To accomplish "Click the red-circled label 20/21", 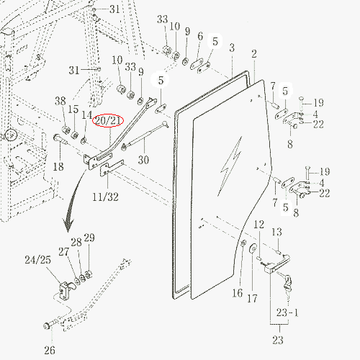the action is (x=108, y=120).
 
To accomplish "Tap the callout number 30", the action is (x=143, y=160).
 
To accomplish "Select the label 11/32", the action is (x=105, y=197).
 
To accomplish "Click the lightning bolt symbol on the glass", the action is (x=231, y=166).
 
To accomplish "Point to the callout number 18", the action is (x=58, y=166).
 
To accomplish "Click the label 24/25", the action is (x=38, y=260).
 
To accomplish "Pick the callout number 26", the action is (x=50, y=350).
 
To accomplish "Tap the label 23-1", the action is (x=287, y=312).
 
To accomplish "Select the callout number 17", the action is (x=252, y=299).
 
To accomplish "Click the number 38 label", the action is (x=60, y=101).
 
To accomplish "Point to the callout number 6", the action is (x=200, y=36).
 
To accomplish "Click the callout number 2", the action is (x=254, y=54).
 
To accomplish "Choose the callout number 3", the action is (x=232, y=48).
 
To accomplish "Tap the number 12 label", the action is (x=258, y=225).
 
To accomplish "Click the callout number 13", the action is (x=276, y=232).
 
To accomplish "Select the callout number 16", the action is (x=238, y=293).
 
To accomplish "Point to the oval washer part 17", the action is (x=252, y=248).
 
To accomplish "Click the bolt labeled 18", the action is (x=60, y=139).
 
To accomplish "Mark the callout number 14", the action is (x=86, y=115).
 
